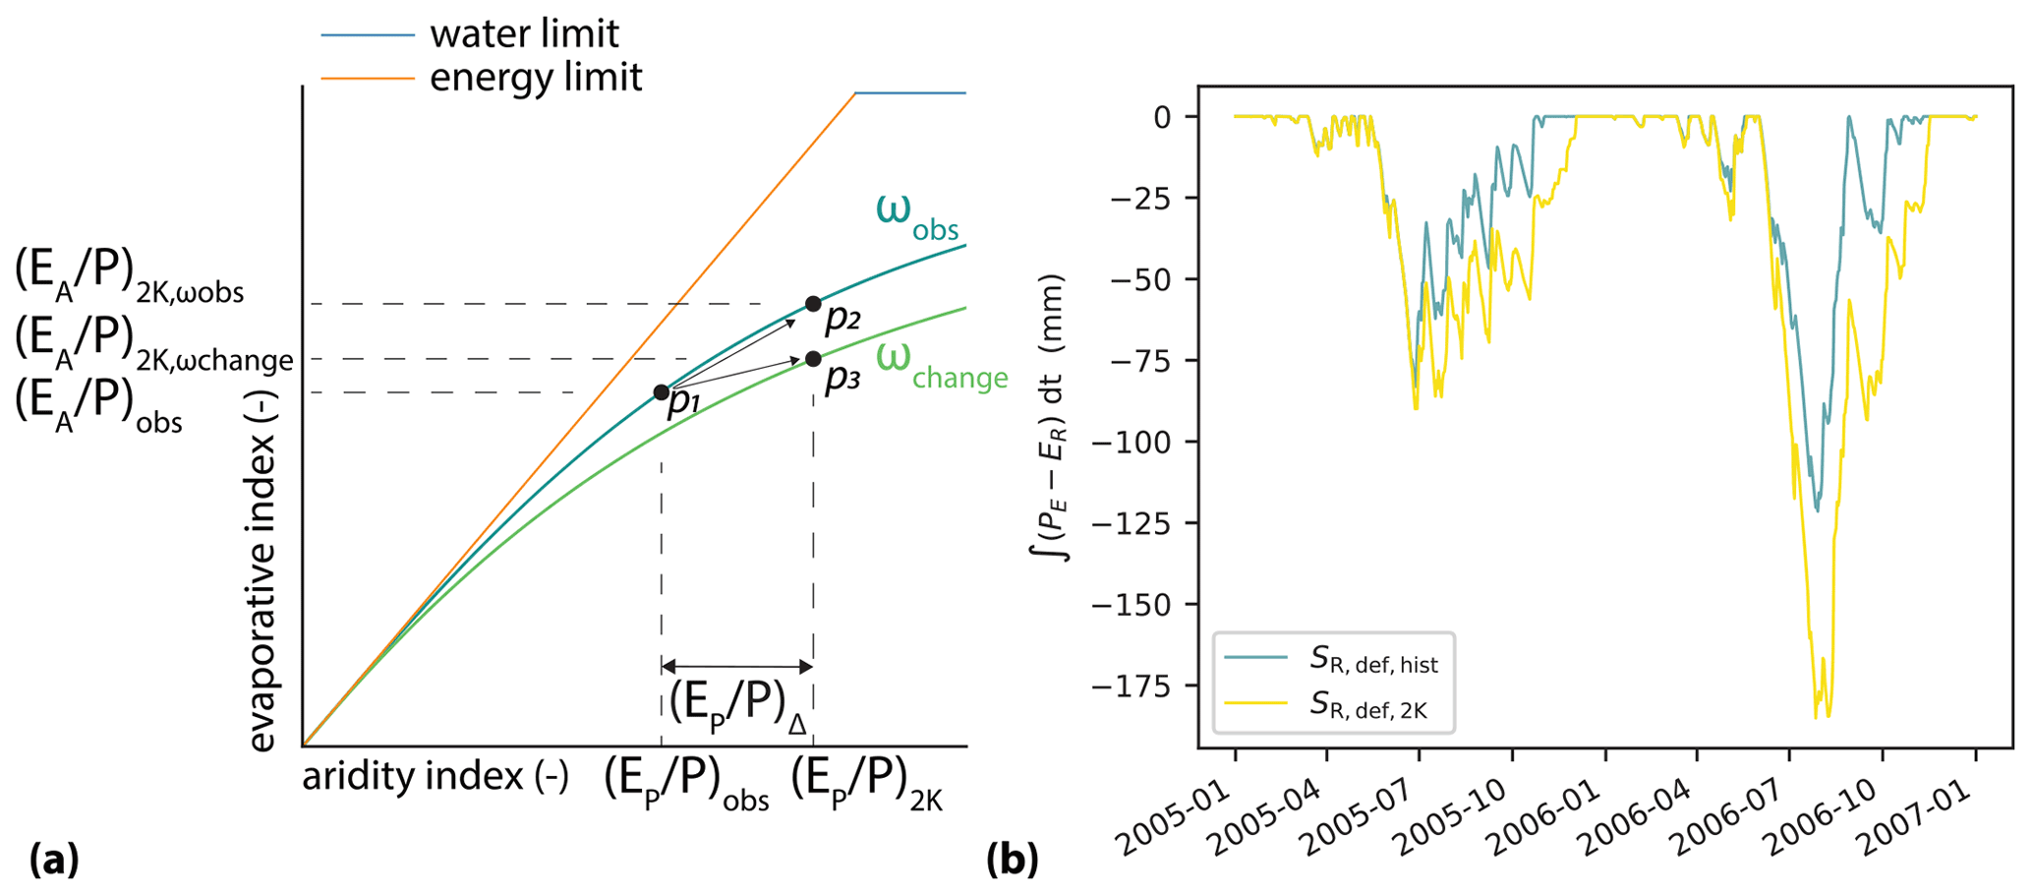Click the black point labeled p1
coord(662,392)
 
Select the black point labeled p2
coord(813,304)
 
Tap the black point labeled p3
coord(813,359)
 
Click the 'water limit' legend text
coord(524,34)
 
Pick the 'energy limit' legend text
coord(536,77)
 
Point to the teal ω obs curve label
coord(916,214)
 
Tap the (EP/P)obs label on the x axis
coord(686,784)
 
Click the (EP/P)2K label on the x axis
coord(866,784)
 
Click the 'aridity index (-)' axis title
coord(435,777)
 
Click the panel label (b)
coord(1012,861)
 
